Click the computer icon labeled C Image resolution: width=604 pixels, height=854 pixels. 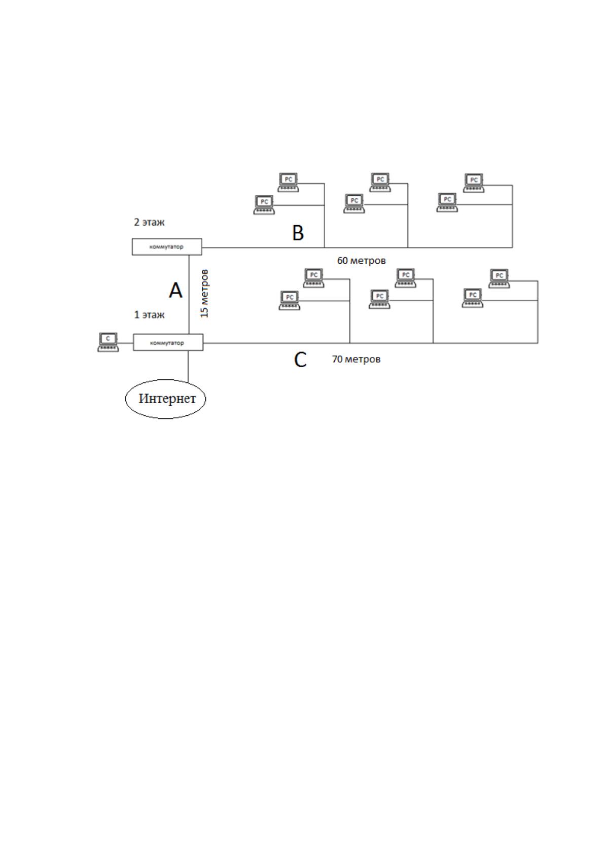(x=108, y=342)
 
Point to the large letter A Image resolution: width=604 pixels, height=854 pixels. (x=175, y=291)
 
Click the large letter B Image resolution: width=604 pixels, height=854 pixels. (x=298, y=233)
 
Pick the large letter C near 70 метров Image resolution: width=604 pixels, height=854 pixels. (x=300, y=360)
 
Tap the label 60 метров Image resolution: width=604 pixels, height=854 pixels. (x=361, y=261)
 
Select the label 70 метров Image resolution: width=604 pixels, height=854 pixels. (x=356, y=359)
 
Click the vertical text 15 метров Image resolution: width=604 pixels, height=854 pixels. (x=204, y=294)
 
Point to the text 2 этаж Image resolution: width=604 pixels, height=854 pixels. (x=149, y=222)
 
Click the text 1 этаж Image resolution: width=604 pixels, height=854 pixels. (x=149, y=315)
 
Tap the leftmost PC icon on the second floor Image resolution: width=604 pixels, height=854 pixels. (x=264, y=205)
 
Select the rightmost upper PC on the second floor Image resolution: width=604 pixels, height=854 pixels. (x=474, y=183)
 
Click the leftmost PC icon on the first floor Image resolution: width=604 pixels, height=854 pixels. (x=290, y=300)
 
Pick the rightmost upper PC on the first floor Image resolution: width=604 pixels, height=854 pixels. (x=499, y=279)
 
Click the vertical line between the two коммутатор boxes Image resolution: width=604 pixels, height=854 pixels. (x=189, y=295)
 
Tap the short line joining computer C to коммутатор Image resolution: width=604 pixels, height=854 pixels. (x=126, y=343)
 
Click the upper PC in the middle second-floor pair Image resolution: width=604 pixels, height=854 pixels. (x=380, y=182)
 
